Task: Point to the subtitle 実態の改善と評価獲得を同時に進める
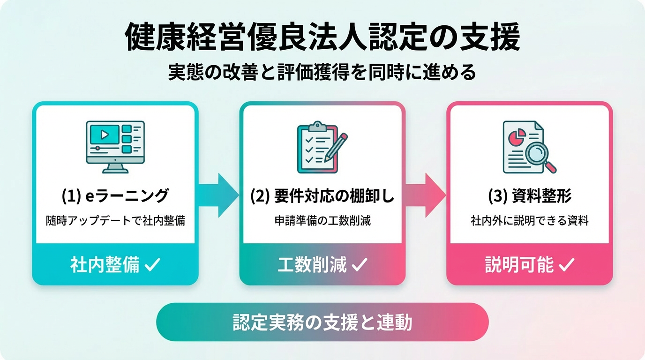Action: pos(322,73)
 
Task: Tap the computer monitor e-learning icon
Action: pos(115,146)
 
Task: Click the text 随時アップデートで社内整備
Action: pos(115,221)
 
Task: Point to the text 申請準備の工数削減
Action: pos(322,221)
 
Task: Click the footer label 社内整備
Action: pos(105,265)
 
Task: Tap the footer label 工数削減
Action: pos(312,265)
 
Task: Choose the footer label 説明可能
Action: pos(519,265)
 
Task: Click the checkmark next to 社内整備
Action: pos(152,265)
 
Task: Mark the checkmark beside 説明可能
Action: pos(567,265)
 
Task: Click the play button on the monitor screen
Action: pos(105,135)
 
